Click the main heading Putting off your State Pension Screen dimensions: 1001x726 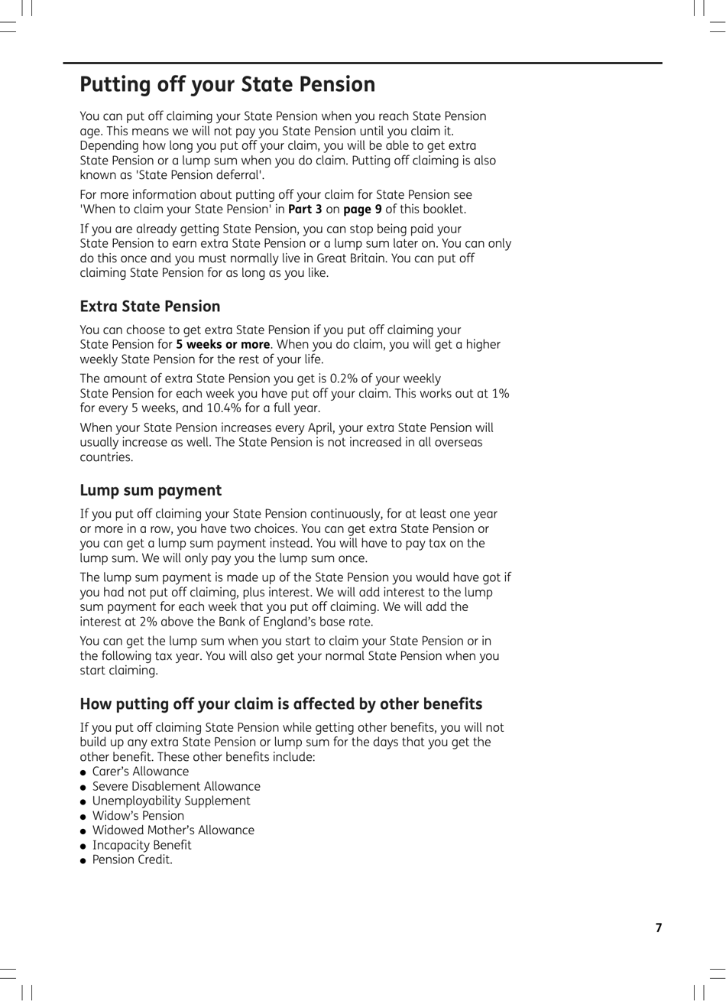[227, 84]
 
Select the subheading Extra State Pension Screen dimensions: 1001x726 [150, 307]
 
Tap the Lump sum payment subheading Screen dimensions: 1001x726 [151, 490]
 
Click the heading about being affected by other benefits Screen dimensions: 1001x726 [280, 704]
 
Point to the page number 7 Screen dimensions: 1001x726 [659, 928]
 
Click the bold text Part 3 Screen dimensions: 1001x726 [305, 210]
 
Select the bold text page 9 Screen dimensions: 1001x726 [362, 210]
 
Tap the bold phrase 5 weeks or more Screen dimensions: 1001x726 [222, 345]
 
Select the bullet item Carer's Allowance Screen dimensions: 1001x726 [140, 772]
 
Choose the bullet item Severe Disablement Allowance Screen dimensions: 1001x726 [176, 786]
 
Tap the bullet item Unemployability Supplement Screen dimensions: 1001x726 [171, 801]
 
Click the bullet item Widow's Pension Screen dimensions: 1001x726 [138, 815]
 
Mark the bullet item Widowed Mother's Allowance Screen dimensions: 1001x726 [173, 830]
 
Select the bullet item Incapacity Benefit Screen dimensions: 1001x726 [141, 845]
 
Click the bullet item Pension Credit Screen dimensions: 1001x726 [132, 860]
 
